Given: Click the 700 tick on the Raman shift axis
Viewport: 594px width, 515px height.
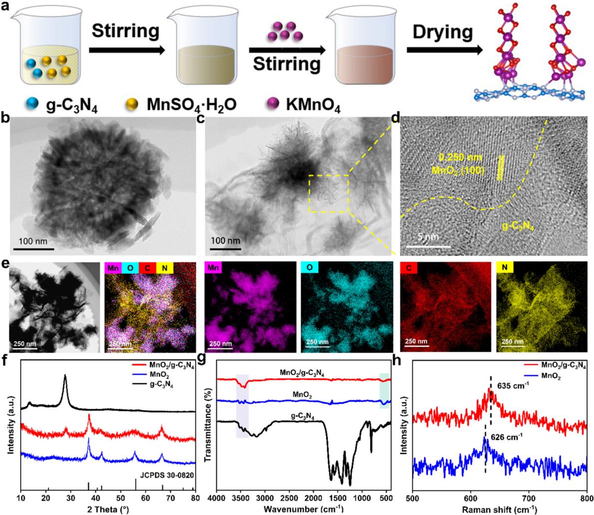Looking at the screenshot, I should (x=529, y=497).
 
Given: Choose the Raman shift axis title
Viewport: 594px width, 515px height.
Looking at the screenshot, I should (x=499, y=508).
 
